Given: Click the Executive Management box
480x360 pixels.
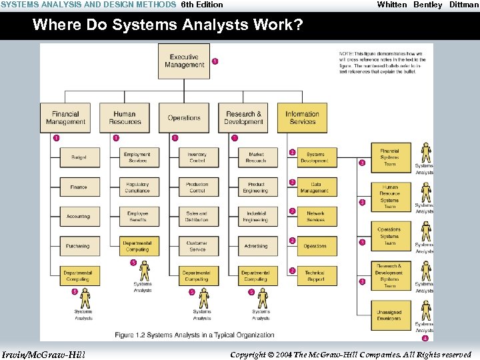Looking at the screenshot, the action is click(x=183, y=61).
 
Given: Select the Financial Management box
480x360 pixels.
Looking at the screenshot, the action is click(x=65, y=118).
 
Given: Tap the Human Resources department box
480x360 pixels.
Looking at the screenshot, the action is click(x=125, y=118).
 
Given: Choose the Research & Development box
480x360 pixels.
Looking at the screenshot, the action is click(x=243, y=118).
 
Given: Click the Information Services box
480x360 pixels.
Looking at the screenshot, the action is click(x=302, y=118).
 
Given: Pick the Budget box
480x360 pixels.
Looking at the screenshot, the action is click(x=79, y=157).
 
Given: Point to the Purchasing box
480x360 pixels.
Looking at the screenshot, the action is click(x=78, y=246).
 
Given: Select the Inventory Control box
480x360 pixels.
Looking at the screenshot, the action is click(x=197, y=157).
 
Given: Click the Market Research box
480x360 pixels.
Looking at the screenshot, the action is click(x=256, y=157).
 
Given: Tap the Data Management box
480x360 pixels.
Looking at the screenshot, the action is click(x=315, y=187).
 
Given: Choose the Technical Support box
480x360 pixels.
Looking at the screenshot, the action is click(x=315, y=275).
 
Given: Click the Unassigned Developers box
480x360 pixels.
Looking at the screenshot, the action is click(x=389, y=315).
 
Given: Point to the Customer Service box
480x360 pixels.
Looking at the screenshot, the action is click(x=197, y=246).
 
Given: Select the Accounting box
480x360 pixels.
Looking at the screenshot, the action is click(x=78, y=217).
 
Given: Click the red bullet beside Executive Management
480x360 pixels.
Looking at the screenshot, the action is click(x=215, y=61).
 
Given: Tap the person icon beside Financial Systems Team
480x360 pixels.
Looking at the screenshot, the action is click(x=425, y=153).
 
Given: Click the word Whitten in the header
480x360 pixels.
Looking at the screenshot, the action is click(x=391, y=5).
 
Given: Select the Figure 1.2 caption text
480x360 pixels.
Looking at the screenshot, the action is click(x=194, y=335).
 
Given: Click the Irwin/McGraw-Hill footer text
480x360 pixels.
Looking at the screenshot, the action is click(x=43, y=354).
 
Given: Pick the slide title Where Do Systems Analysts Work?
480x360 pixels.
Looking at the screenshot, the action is click(x=167, y=25).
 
